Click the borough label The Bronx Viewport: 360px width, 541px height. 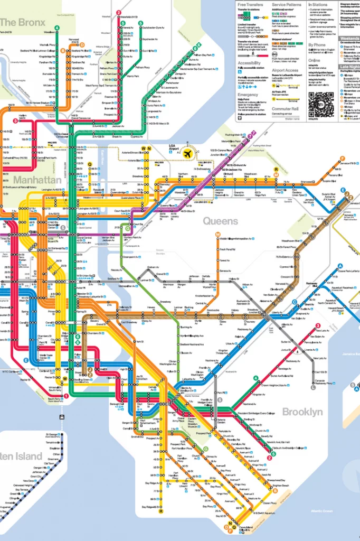tap(23, 22)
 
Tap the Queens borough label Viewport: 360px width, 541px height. tap(220, 221)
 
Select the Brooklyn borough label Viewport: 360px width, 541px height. tap(301, 412)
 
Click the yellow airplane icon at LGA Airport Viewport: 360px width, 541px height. tap(186, 153)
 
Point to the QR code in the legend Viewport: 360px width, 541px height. tap(320, 104)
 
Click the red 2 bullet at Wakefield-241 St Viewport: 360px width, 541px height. tap(119, 12)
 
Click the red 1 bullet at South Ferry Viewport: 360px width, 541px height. tap(67, 395)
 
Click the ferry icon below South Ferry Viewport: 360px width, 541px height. tap(63, 416)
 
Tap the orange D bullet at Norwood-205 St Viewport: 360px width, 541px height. tap(62, 51)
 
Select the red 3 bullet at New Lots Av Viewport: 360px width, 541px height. tap(318, 326)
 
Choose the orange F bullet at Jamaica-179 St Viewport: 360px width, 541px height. tap(343, 158)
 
